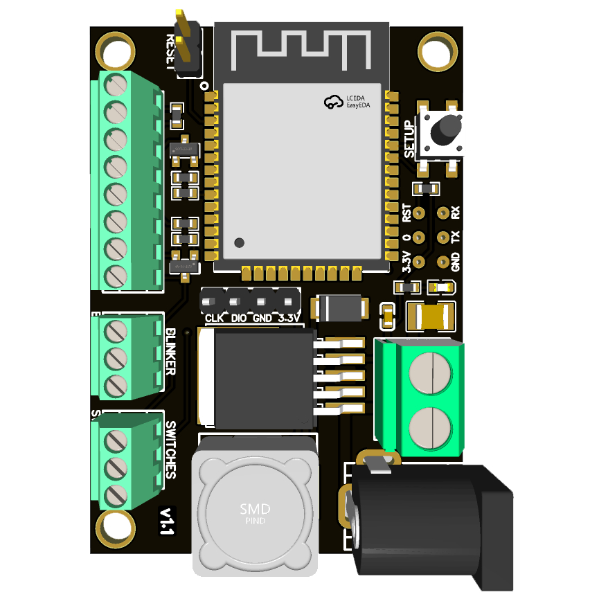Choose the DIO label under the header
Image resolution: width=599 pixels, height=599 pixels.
tap(238, 319)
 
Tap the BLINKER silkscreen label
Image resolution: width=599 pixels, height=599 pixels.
tap(170, 352)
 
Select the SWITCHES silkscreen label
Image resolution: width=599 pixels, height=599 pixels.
tap(170, 450)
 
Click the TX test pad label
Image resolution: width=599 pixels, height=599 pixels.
tap(455, 238)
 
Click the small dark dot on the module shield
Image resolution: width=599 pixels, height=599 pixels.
tap(240, 242)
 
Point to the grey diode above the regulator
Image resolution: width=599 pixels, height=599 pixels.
tap(339, 307)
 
